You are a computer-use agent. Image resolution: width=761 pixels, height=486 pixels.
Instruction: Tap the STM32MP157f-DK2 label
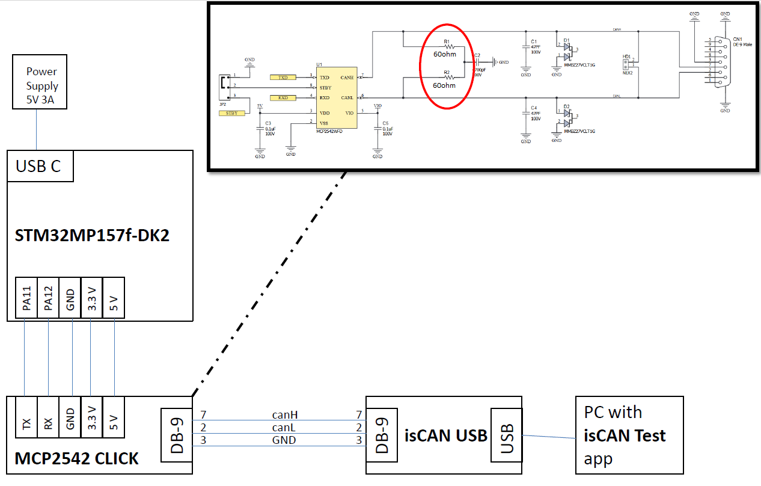coord(92,235)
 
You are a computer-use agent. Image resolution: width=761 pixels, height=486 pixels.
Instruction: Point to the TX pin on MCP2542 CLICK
coord(26,423)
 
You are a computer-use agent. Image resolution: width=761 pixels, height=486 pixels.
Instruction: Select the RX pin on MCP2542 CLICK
coord(48,423)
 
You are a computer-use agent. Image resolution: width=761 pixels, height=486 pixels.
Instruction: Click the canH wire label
coord(284,415)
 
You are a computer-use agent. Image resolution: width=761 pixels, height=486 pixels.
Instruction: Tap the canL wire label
coord(284,428)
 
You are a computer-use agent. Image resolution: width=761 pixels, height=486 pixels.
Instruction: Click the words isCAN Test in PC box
coord(625,435)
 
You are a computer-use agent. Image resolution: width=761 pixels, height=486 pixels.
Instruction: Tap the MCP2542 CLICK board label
coord(76,459)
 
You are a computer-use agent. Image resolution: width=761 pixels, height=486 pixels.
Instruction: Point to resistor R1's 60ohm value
coord(445,54)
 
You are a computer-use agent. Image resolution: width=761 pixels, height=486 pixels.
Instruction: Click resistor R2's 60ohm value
coord(445,85)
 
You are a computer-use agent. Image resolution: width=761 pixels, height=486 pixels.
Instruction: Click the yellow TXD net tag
coord(283,78)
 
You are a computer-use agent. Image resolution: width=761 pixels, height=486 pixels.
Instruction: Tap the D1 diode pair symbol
coord(566,50)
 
